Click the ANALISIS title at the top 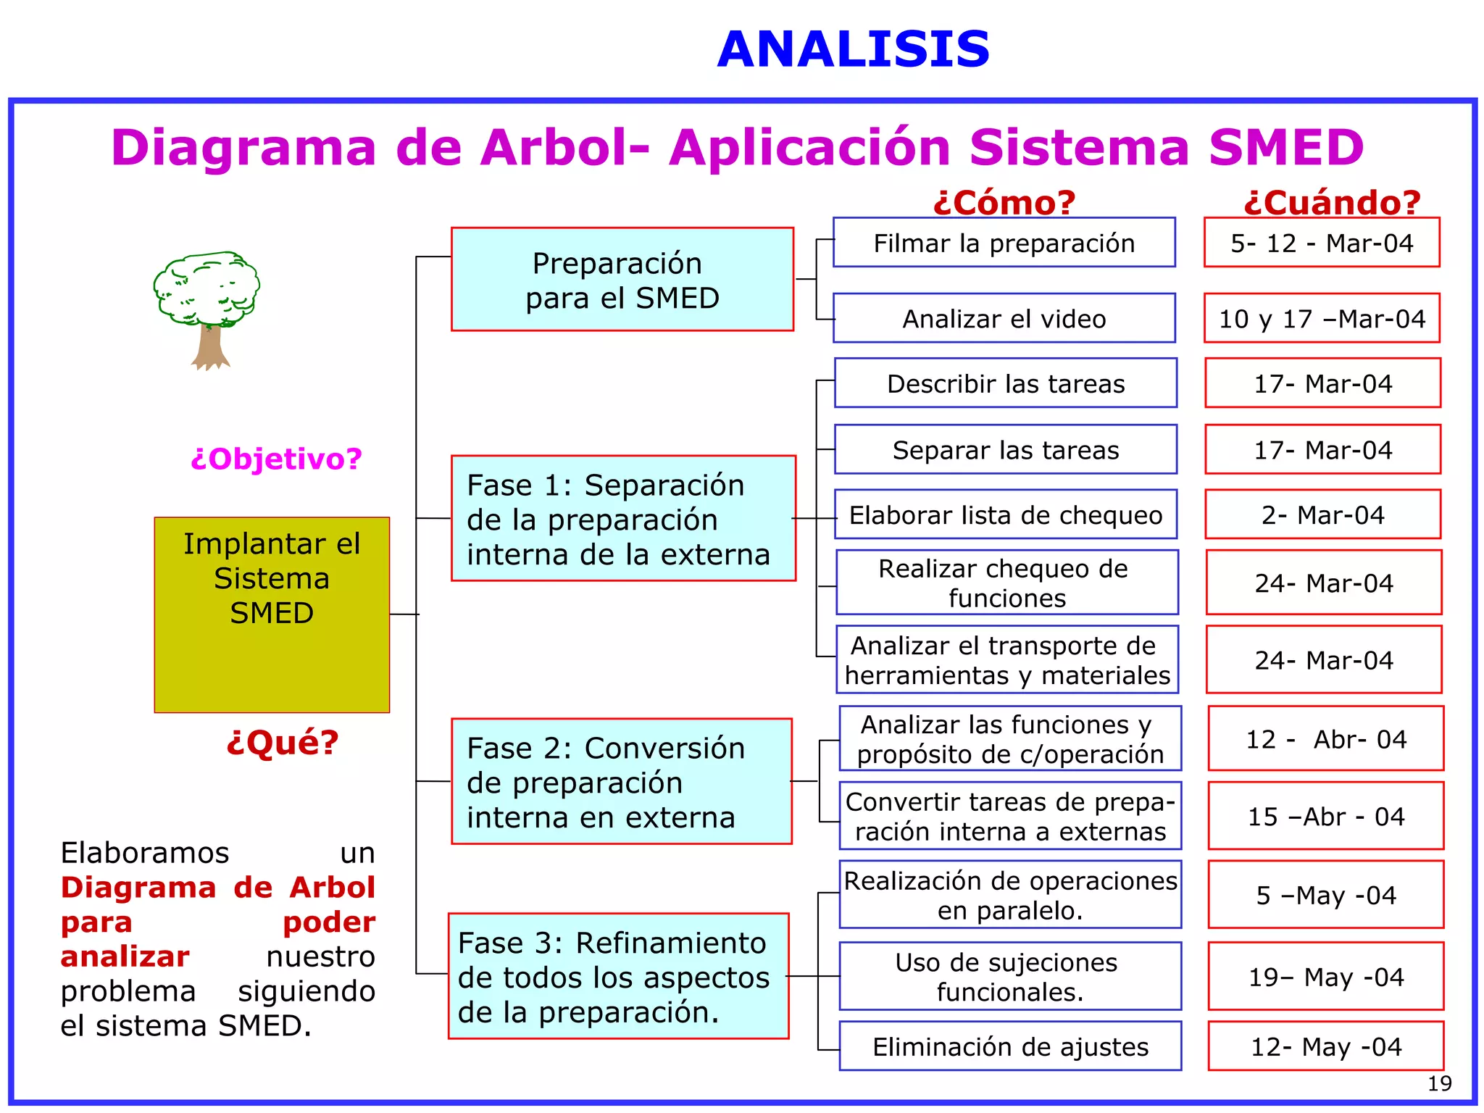point(853,50)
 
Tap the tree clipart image point(207,308)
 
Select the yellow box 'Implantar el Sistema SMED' point(272,614)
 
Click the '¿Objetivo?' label point(276,459)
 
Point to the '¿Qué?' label point(282,742)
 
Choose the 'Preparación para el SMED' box point(622,280)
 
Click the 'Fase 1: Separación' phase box point(622,518)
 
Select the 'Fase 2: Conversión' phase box point(621,781)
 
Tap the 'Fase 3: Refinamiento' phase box point(618,975)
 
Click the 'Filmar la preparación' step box point(1004,243)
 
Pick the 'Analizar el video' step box point(1004,318)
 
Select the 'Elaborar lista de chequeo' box point(1005,514)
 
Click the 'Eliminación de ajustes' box point(1010,1046)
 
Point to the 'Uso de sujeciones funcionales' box point(1010,976)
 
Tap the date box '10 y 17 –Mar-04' point(1322,318)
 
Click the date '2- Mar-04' point(1322,514)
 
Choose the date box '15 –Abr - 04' point(1325,816)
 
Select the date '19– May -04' point(1325,976)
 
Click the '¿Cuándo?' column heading point(1332,202)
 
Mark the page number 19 point(1439,1083)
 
